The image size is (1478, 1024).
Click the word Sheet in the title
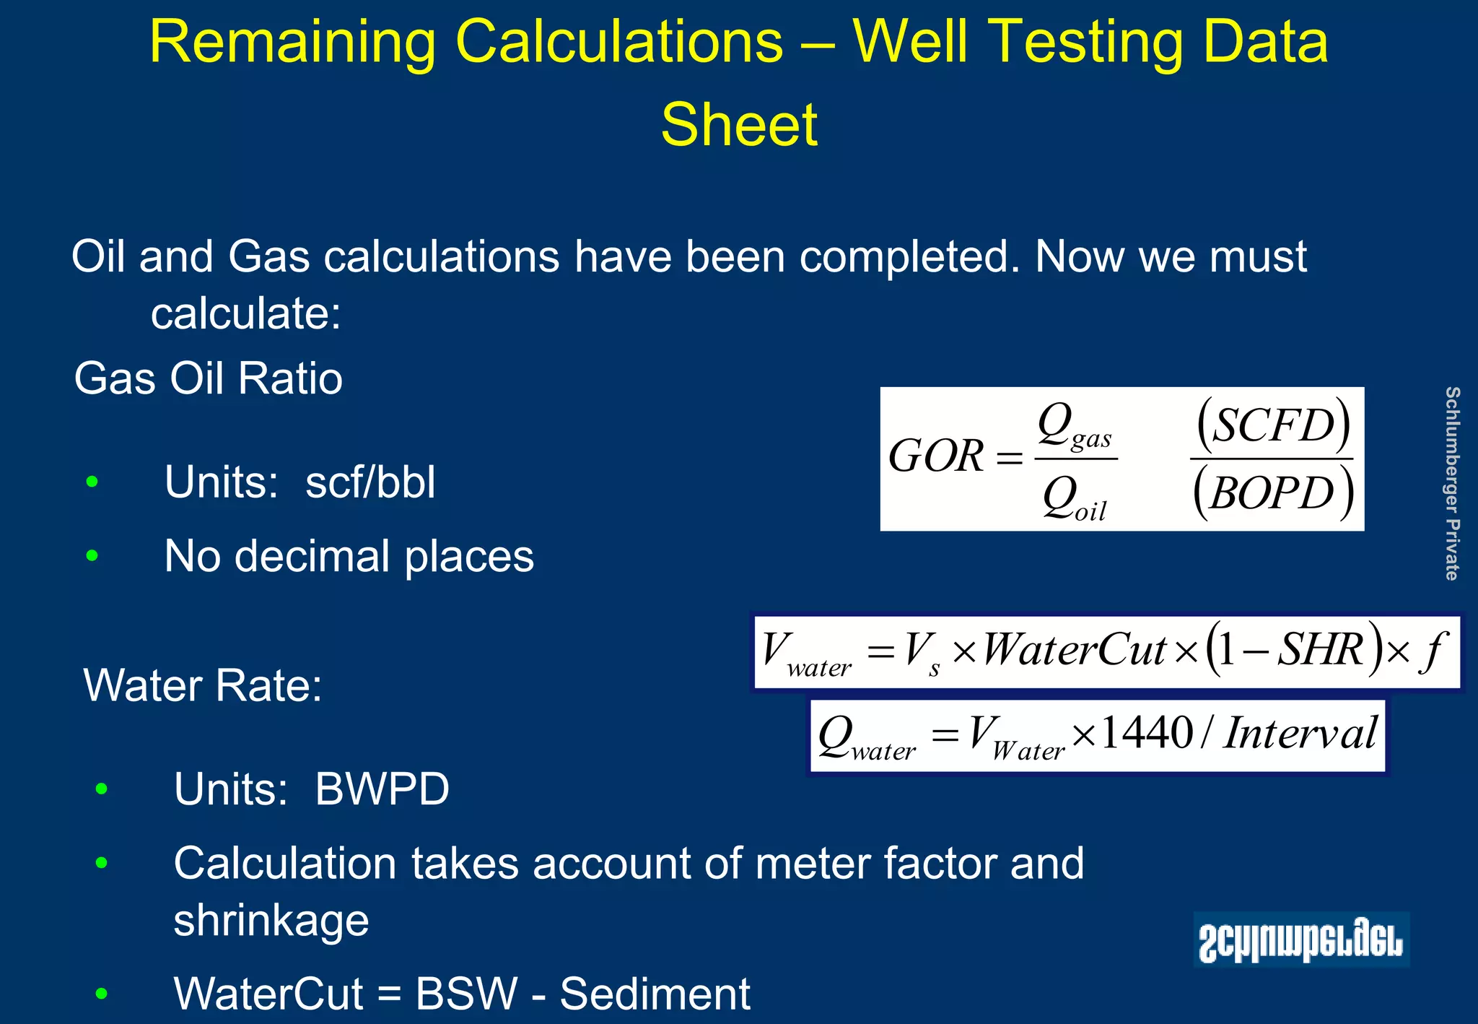click(x=739, y=125)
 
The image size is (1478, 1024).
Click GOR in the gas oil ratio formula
click(x=935, y=456)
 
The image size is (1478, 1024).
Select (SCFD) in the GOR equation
click(x=1273, y=425)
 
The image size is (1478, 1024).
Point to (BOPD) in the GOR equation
click(x=1273, y=493)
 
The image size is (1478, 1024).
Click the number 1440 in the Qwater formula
click(x=1147, y=734)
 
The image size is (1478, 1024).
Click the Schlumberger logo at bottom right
click(x=1300, y=940)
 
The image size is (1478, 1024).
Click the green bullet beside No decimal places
click(x=92, y=556)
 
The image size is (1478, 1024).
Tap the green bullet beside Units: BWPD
click(x=101, y=789)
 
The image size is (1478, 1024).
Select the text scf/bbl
click(x=370, y=482)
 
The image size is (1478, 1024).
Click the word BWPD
click(x=382, y=789)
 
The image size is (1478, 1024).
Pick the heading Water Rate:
click(x=203, y=685)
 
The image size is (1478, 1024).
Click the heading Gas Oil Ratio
click(x=208, y=378)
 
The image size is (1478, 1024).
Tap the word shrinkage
click(x=271, y=921)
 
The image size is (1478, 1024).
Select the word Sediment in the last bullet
click(x=655, y=994)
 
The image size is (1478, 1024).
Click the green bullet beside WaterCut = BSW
click(x=101, y=994)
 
